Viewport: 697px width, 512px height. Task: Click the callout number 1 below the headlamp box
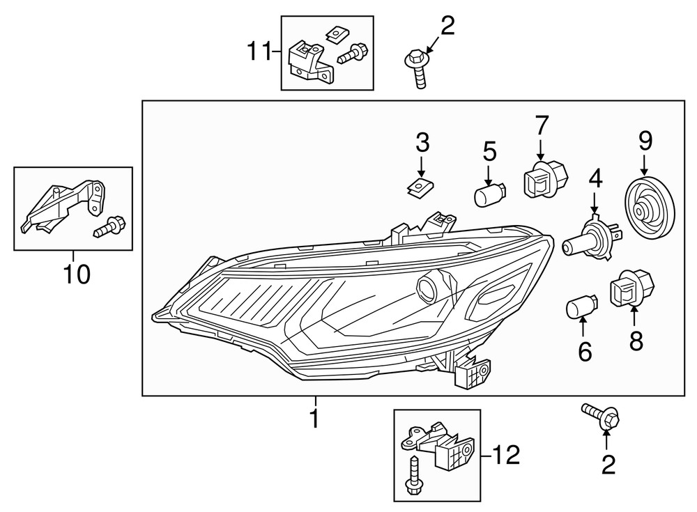point(315,419)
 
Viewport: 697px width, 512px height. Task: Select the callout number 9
point(645,141)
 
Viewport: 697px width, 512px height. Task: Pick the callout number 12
point(505,456)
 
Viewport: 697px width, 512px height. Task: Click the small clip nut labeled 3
point(420,187)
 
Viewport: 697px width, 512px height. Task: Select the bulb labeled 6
point(580,309)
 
